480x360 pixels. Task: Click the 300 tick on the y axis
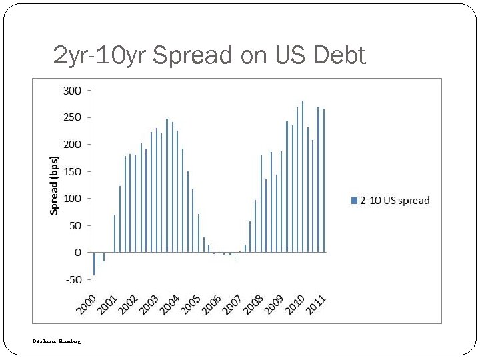[72, 90]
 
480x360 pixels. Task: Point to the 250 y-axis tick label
[72, 117]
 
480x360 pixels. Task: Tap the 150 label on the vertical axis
[72, 171]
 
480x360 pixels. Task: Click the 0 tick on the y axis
[78, 253]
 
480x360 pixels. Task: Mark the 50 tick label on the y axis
[75, 225]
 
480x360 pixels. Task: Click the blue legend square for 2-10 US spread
[355, 201]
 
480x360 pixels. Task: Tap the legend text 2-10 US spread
[395, 201]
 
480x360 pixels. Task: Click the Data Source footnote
[57, 341]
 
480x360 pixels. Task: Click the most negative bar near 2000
[94, 264]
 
